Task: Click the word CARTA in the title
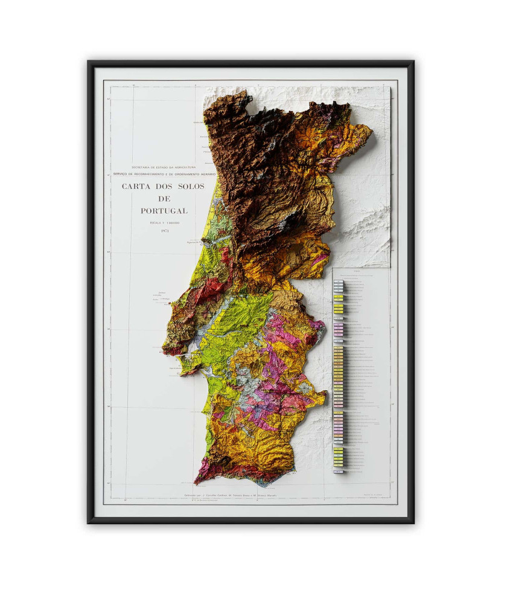(x=135, y=187)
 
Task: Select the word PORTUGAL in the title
(x=164, y=211)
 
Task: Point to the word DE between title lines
(x=164, y=199)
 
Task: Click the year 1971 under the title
(x=164, y=231)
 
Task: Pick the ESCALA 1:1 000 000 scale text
(x=164, y=223)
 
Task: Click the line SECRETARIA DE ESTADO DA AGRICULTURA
(x=164, y=166)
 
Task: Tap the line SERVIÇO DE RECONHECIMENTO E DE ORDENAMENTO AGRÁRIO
(x=164, y=173)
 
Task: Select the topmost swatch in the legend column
(x=339, y=282)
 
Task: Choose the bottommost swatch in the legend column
(x=339, y=470)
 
